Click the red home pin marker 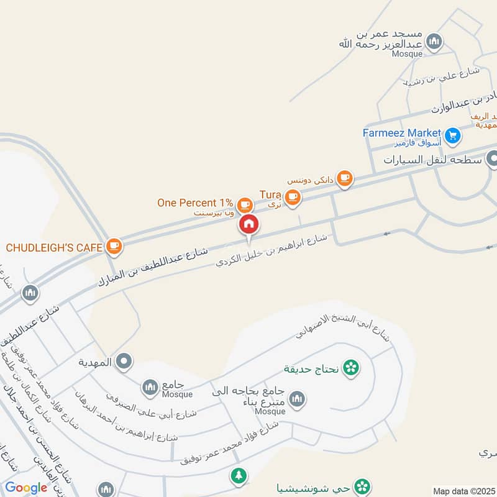(248, 224)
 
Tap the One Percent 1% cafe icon (245, 203)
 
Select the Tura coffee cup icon (294, 198)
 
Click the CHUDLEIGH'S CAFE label (54, 247)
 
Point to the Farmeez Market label (402, 133)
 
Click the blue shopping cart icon (453, 134)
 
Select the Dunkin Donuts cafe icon (346, 179)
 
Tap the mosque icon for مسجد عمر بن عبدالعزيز (435, 41)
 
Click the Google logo (26, 488)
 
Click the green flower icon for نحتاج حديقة (351, 368)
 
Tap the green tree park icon (238, 476)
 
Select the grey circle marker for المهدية (124, 361)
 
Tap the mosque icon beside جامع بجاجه (298, 398)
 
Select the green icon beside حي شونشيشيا (362, 485)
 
